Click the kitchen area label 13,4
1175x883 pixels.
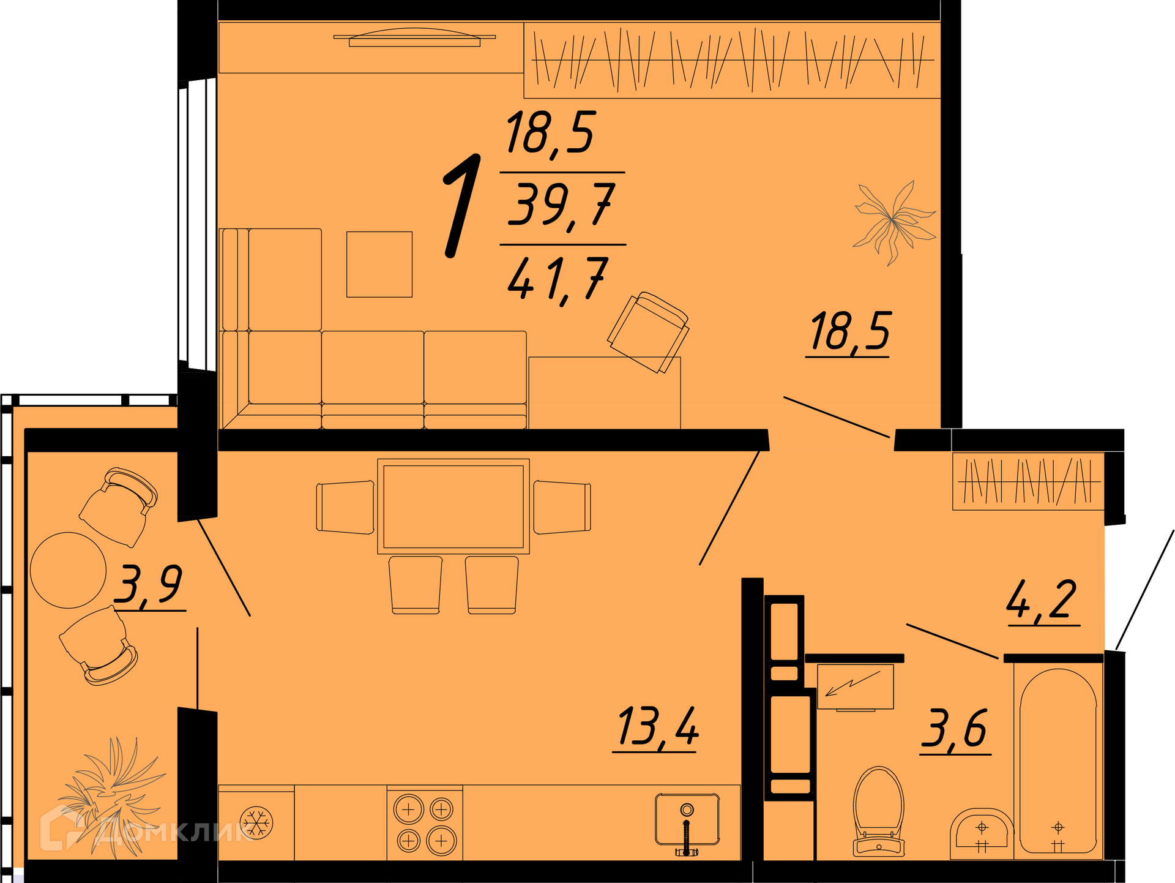(657, 727)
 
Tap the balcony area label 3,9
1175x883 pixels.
(151, 586)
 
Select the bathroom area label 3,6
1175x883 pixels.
(956, 729)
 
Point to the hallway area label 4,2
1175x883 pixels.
(1043, 601)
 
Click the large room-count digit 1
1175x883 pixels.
(461, 206)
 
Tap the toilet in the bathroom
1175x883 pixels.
(879, 811)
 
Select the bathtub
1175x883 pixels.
(1058, 761)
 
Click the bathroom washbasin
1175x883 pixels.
(982, 834)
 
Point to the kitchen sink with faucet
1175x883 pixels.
(687, 821)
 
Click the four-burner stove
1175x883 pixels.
(425, 824)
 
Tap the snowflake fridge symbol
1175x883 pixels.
(256, 822)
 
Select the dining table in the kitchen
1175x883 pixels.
(453, 506)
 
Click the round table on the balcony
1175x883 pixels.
(69, 570)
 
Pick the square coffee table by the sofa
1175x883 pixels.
(379, 265)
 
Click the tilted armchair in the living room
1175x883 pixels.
(648, 331)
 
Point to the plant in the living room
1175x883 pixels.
(893, 222)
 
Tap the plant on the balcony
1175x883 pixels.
(110, 796)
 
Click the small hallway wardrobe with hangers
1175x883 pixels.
(1029, 481)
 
